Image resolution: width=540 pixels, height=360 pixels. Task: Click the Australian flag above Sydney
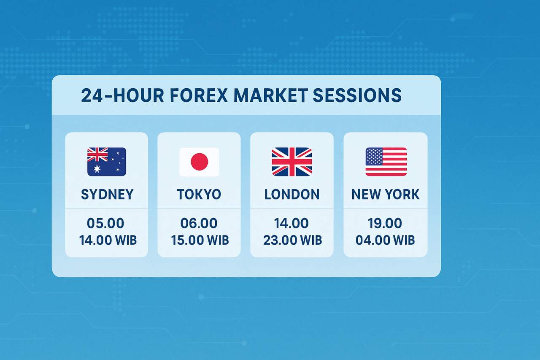(106, 162)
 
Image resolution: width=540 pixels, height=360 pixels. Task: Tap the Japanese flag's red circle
(199, 162)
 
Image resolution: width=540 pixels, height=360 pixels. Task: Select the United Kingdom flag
(292, 162)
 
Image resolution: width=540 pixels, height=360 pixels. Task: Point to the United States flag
(386, 162)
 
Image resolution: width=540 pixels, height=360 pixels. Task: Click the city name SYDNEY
(107, 195)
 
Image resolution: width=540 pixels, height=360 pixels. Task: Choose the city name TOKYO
(199, 195)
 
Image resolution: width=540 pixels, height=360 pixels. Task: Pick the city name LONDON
(292, 195)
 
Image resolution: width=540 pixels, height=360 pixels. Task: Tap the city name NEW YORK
(386, 195)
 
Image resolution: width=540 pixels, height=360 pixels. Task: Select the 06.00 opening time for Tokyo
(199, 223)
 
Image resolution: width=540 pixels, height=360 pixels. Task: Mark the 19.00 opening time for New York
(385, 223)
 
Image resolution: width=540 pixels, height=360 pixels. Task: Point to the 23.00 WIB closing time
(292, 241)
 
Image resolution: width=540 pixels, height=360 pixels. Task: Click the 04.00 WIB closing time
(385, 241)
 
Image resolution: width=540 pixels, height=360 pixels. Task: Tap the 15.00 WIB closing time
(200, 241)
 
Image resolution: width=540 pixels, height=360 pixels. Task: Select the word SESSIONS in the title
(357, 96)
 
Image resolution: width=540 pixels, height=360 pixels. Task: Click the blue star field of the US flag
(374, 156)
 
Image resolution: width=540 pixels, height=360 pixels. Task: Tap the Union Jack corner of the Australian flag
(97, 155)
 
